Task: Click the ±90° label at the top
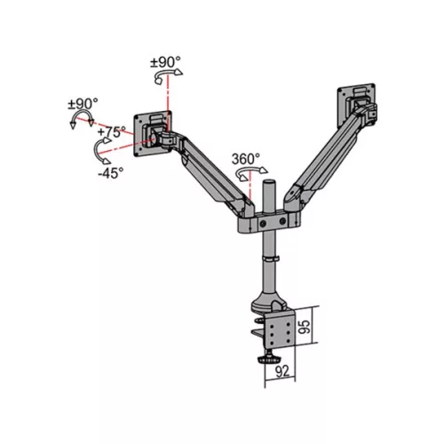tap(166, 63)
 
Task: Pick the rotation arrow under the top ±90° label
tap(162, 79)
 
